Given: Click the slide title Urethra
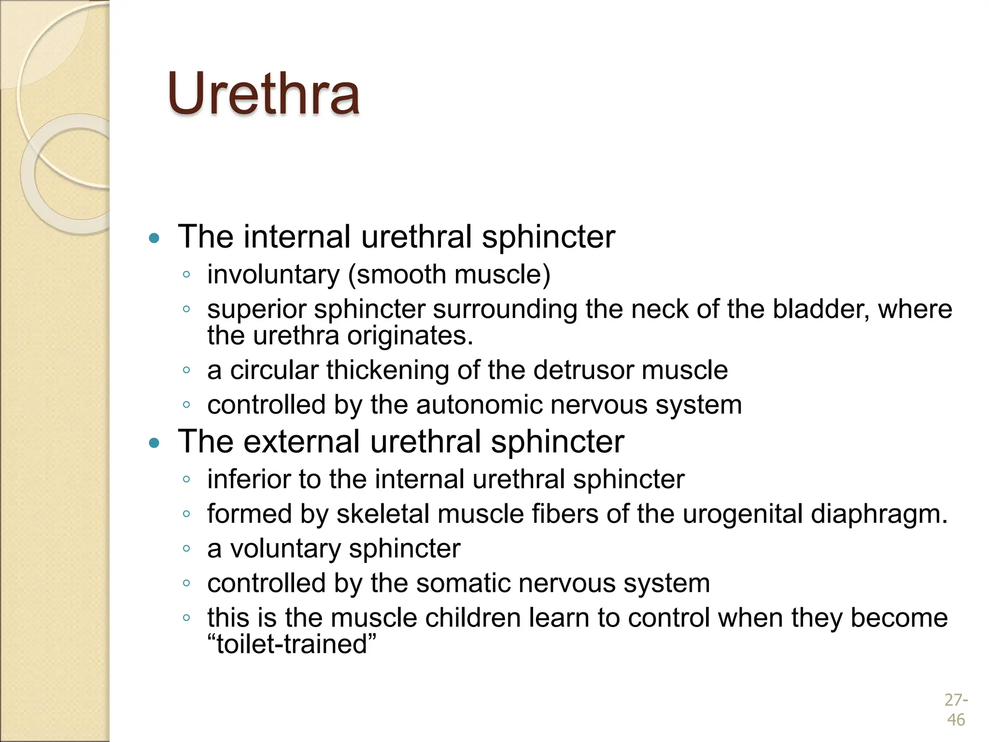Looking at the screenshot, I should [x=264, y=94].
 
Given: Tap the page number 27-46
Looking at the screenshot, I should [x=956, y=710].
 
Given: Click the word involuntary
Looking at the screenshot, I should [x=273, y=275].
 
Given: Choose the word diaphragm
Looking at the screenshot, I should [x=879, y=514].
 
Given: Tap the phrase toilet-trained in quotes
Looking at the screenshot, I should [x=292, y=644].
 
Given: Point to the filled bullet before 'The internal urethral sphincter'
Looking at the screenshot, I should [x=154, y=238].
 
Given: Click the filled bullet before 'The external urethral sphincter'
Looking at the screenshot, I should [x=154, y=442].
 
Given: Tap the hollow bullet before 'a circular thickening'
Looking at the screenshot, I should [x=186, y=371].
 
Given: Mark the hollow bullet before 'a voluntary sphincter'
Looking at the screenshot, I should [x=186, y=549].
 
